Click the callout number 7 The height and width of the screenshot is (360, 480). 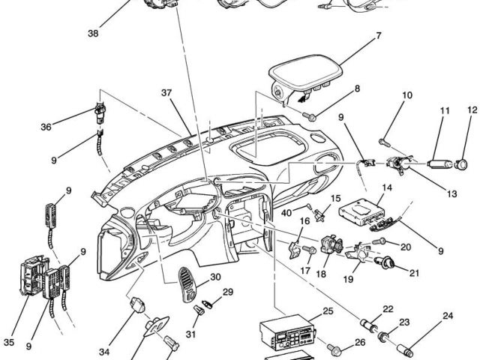pos(378,35)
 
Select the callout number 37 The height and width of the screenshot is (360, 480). pos(166,92)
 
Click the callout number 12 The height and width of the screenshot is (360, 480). pos(472,111)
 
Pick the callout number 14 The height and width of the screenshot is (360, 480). pos(387,188)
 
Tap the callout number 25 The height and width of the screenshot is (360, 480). pos(328,310)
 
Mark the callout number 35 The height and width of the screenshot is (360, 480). pos(9,342)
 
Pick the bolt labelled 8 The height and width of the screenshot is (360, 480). pos(311,116)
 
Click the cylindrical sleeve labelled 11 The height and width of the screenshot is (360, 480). pos(439,162)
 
